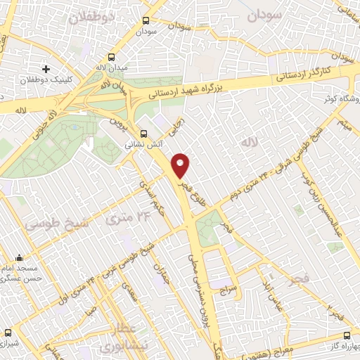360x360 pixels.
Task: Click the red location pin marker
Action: (181, 165)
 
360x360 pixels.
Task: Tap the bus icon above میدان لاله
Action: (111, 58)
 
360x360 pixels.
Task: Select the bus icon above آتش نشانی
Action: (143, 132)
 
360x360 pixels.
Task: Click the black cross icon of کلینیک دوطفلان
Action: (46, 69)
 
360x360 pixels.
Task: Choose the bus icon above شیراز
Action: (8, 333)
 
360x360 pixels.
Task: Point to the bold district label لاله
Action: (245, 143)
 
